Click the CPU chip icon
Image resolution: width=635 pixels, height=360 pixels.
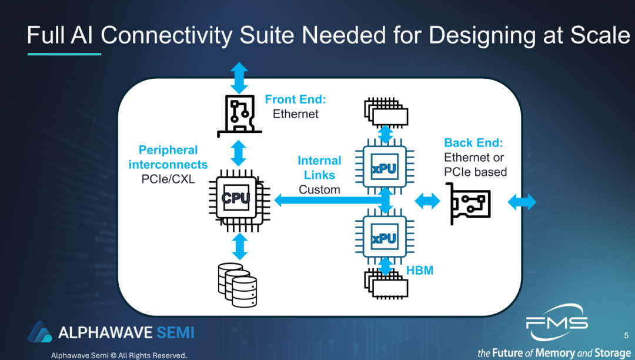[236, 199]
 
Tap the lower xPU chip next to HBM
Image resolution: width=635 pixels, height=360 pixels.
[385, 238]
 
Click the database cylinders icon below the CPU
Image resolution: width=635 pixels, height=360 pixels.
[238, 284]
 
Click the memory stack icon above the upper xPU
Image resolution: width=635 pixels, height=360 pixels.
[385, 111]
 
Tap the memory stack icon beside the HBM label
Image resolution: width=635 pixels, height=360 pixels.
[385, 283]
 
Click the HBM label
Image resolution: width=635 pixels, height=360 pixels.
[420, 270]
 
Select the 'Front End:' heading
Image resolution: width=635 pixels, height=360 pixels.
[295, 99]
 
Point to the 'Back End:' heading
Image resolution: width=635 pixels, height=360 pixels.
[473, 143]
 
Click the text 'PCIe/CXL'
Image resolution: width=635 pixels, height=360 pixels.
[168, 179]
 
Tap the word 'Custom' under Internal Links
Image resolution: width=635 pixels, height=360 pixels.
[319, 189]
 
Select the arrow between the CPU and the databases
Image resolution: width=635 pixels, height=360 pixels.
[239, 246]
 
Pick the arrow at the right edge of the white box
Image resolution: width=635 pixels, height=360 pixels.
[522, 202]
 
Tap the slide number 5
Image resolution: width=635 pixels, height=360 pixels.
[626, 335]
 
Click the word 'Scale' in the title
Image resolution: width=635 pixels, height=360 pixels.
[600, 36]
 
